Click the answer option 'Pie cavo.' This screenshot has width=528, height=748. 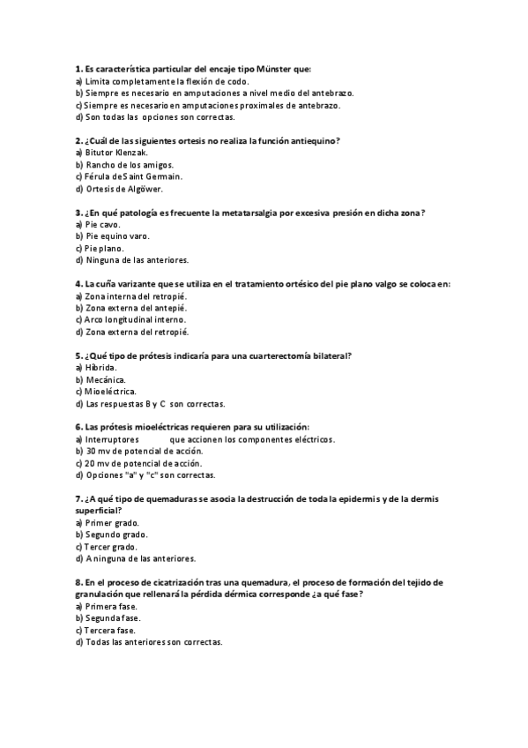(101, 224)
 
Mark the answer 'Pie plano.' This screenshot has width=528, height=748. (104, 249)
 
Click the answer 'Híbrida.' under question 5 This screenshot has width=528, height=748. (100, 367)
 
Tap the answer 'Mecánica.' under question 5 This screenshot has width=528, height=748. (106, 379)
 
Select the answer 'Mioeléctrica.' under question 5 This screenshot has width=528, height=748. (110, 392)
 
